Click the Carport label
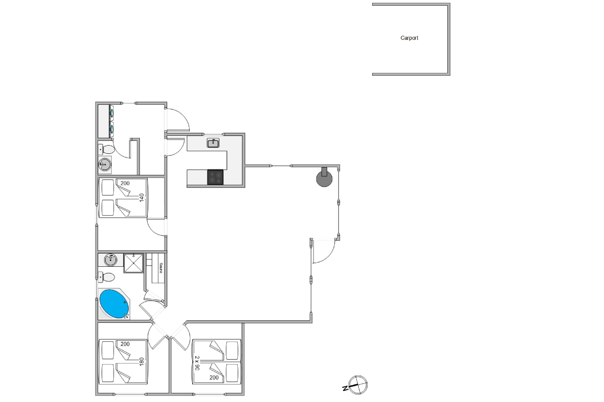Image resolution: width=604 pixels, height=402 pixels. pos(409,38)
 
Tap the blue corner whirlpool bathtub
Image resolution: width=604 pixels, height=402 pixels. pos(114,304)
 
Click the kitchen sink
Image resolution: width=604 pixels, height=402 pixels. pos(213,143)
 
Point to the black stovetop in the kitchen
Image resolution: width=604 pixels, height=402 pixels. pos(215,177)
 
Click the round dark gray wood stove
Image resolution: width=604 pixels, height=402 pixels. pos(324,177)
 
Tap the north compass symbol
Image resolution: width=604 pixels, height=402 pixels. pos(356,385)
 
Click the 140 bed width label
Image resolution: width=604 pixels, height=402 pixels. pos(142,198)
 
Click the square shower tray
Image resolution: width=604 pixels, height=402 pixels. pos(133,263)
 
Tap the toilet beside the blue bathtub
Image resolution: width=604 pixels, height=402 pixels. pos(106,277)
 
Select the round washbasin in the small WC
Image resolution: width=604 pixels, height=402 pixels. pos(105,164)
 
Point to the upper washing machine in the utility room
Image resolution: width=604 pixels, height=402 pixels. pos(112,113)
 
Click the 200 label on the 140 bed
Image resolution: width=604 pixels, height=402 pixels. pos(125,183)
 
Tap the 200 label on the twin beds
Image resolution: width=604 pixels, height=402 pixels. pos(214,377)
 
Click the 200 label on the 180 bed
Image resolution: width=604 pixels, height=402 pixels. pos(125,344)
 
